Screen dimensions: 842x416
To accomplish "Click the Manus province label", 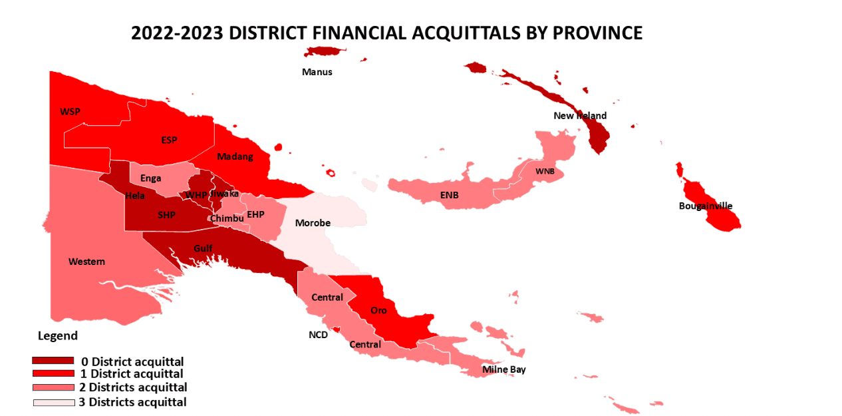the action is pos(317,72).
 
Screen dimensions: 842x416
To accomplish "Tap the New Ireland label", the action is pos(580,116).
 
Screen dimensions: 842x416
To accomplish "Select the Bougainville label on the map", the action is pos(705,206).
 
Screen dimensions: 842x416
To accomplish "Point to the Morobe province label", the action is pos(313,223).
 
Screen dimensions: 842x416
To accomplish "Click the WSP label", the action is pos(70,111).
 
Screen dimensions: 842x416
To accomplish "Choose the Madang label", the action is pos(235,156).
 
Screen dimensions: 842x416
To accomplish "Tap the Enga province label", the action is pos(150,178).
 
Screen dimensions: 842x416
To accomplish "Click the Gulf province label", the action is pos(203,248).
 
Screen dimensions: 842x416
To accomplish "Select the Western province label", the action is pos(86,262).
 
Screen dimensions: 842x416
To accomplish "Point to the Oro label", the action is pos(378,310).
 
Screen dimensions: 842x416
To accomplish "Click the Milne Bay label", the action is pos(503,369).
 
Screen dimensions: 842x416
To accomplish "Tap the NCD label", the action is pos(318,335).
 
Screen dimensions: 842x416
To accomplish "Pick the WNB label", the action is pos(545,171).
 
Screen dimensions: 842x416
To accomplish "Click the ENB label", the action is pos(449,195).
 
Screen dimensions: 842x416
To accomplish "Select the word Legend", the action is pos(58,335).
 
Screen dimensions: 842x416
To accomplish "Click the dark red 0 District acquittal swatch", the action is pos(53,361).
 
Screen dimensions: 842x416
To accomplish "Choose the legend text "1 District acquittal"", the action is pos(136,374).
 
